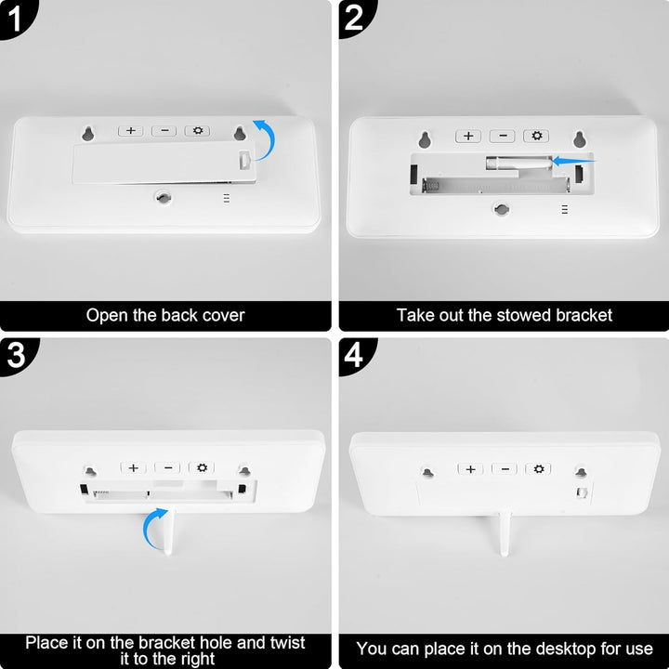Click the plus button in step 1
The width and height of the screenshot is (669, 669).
coord(131,131)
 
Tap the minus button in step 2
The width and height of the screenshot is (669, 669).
coord(503,136)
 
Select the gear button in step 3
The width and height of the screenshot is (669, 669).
coord(202,467)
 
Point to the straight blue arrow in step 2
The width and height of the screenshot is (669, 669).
coord(573,162)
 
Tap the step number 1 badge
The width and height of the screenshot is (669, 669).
coord(16,18)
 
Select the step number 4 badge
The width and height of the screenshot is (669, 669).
coord(355,355)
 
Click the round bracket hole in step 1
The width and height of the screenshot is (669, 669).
coord(163,197)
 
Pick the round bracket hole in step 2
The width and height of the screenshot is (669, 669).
coord(502,209)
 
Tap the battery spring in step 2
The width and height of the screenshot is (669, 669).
coord(430,185)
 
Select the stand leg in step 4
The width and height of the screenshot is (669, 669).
coord(504,534)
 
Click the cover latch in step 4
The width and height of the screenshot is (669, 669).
coord(583,492)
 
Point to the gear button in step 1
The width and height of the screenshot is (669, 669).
coord(197,131)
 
